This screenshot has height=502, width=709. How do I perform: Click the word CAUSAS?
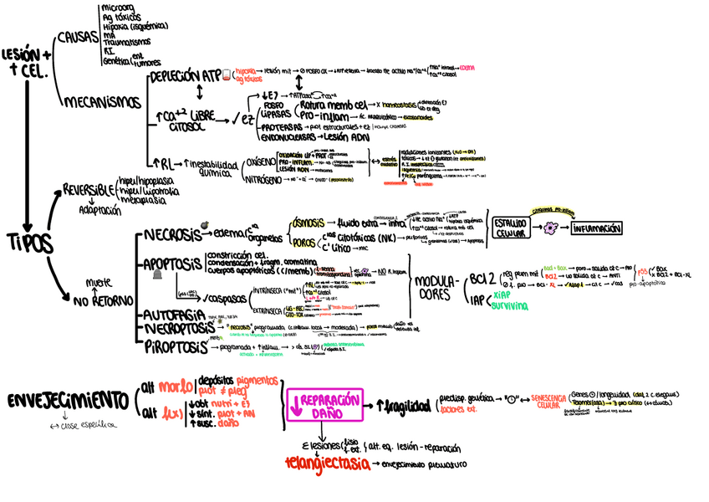click(x=78, y=39)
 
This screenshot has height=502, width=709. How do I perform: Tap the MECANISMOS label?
click(x=102, y=102)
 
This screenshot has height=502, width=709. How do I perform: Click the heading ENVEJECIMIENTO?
click(x=67, y=400)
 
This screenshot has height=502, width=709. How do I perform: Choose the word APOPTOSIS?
click(x=173, y=265)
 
